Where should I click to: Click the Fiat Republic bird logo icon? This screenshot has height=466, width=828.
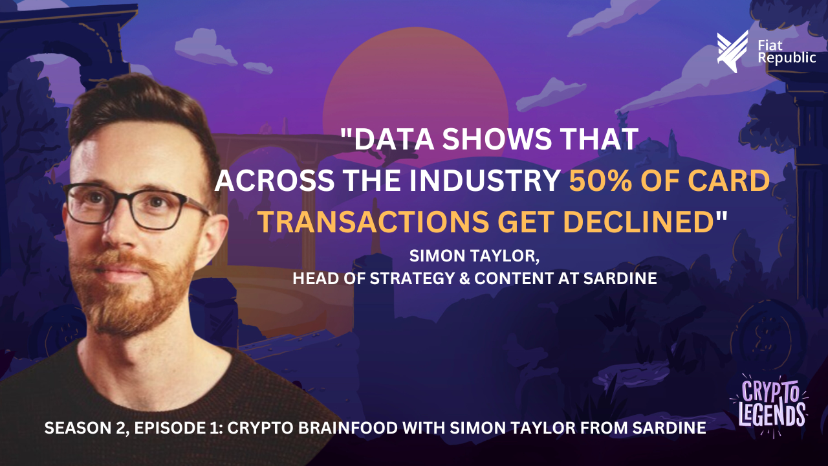click(732, 52)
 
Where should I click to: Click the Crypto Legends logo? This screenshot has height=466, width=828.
click(768, 405)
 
